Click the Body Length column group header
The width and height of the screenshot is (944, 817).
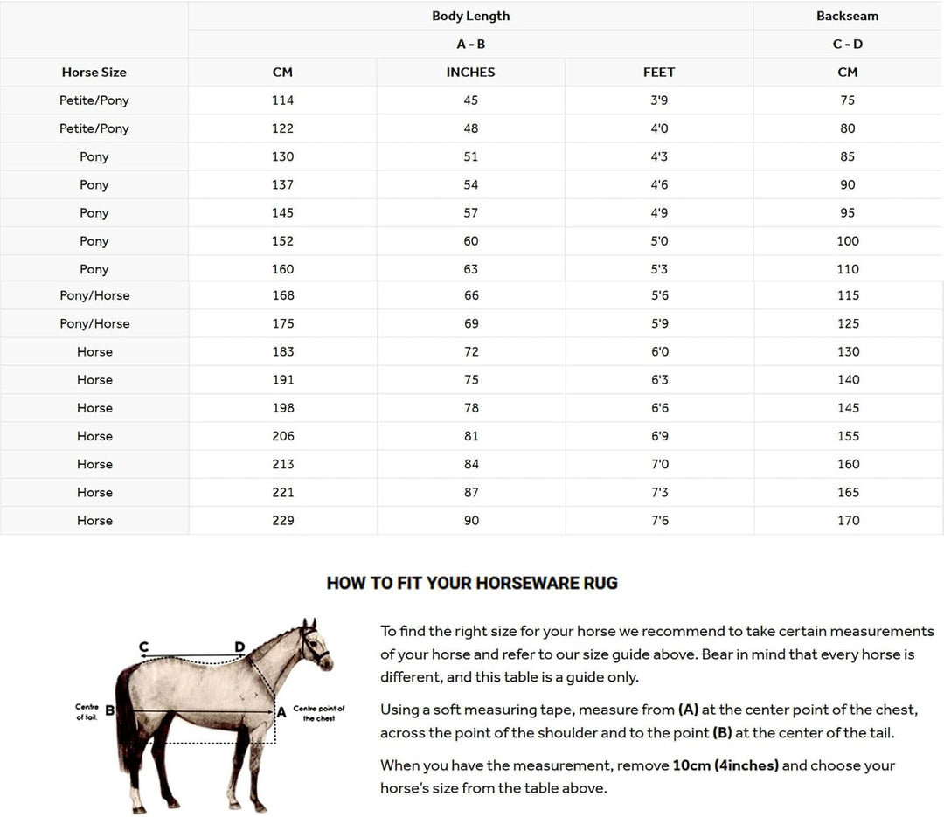470,16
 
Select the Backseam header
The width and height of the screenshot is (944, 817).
847,16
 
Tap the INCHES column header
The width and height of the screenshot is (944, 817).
470,73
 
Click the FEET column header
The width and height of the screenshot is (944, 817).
659,73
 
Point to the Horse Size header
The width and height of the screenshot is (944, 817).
94,73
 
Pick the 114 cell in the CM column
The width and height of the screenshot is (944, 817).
283,100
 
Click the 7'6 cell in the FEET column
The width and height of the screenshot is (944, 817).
659,521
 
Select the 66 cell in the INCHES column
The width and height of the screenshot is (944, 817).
471,295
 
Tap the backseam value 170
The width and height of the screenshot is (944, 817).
848,521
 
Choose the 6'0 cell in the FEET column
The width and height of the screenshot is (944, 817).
659,352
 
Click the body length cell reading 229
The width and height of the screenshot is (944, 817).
283,521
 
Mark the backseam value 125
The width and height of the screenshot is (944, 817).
848,323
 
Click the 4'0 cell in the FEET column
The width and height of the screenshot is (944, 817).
659,128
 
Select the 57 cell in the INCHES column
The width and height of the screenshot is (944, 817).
471,213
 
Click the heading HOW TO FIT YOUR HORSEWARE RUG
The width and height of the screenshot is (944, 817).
472,583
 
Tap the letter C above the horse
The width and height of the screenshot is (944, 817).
143,647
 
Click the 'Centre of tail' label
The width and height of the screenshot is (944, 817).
86,711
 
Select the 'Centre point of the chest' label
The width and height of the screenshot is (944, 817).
319,713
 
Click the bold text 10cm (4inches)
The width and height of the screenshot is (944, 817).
725,765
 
